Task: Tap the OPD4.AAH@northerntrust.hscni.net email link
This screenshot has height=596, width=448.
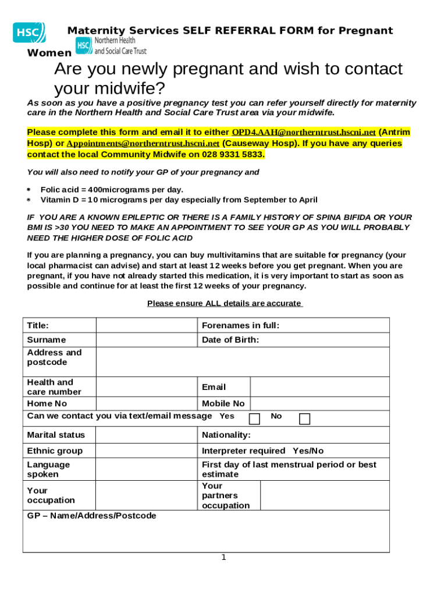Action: click(x=304, y=132)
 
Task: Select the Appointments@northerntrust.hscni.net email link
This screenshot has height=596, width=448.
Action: click(x=143, y=143)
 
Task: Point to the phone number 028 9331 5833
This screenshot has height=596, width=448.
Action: click(x=233, y=154)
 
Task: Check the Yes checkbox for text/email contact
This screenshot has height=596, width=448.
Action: click(x=254, y=419)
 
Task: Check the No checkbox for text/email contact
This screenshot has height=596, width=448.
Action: click(x=304, y=419)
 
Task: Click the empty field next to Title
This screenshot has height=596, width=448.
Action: click(x=146, y=325)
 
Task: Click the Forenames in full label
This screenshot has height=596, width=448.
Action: click(x=240, y=325)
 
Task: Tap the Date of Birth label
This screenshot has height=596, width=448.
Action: click(x=230, y=340)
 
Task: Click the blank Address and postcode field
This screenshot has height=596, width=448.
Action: click(x=243, y=362)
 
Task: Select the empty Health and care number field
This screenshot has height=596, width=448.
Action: click(x=146, y=387)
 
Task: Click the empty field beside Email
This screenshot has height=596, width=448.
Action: click(x=319, y=387)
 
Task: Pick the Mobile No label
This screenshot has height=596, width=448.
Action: click(x=223, y=403)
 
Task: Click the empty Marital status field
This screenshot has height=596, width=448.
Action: click(x=146, y=435)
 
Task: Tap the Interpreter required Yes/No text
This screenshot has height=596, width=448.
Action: click(x=262, y=451)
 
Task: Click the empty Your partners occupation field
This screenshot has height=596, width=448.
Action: click(x=324, y=495)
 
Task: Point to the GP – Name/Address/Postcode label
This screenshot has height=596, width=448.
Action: click(x=92, y=516)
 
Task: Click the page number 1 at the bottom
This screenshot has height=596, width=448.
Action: click(x=223, y=558)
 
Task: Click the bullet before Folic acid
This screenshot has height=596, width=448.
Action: click(x=29, y=190)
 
